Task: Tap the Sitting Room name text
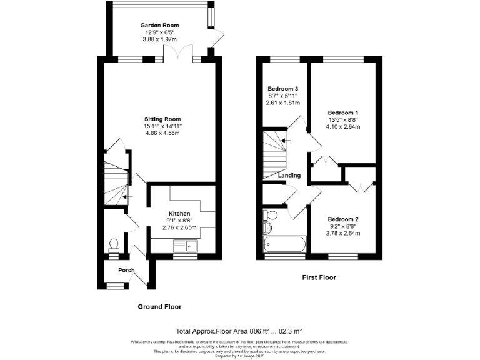coord(162,119)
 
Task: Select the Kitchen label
coord(179,214)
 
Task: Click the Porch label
coord(127,270)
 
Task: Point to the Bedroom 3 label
coord(283,88)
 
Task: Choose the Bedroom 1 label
coord(343,112)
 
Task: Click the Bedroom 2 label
coord(343,219)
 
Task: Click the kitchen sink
coord(186,245)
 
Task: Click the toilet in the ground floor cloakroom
coord(114,244)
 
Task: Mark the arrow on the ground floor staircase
coord(127,197)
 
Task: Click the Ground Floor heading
coord(159,307)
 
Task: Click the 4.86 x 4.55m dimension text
coord(162,133)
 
